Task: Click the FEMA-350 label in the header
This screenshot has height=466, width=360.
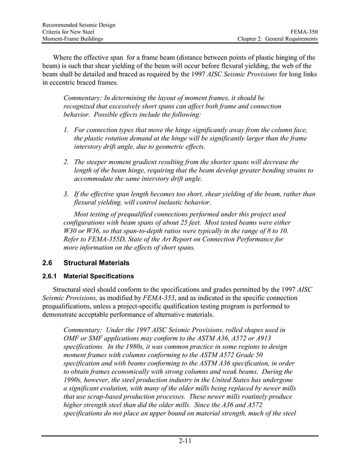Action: coord(304,32)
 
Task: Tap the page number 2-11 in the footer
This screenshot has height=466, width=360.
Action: coord(179,441)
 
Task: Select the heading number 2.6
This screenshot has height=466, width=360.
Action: coord(48,263)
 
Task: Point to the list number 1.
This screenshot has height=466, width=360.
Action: coord(66,130)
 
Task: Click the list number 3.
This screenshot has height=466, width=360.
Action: coord(66,194)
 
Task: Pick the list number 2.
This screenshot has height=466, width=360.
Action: coord(66,161)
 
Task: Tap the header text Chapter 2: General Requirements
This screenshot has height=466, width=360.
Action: coord(278,39)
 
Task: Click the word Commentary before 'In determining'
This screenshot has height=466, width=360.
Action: coord(86,98)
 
